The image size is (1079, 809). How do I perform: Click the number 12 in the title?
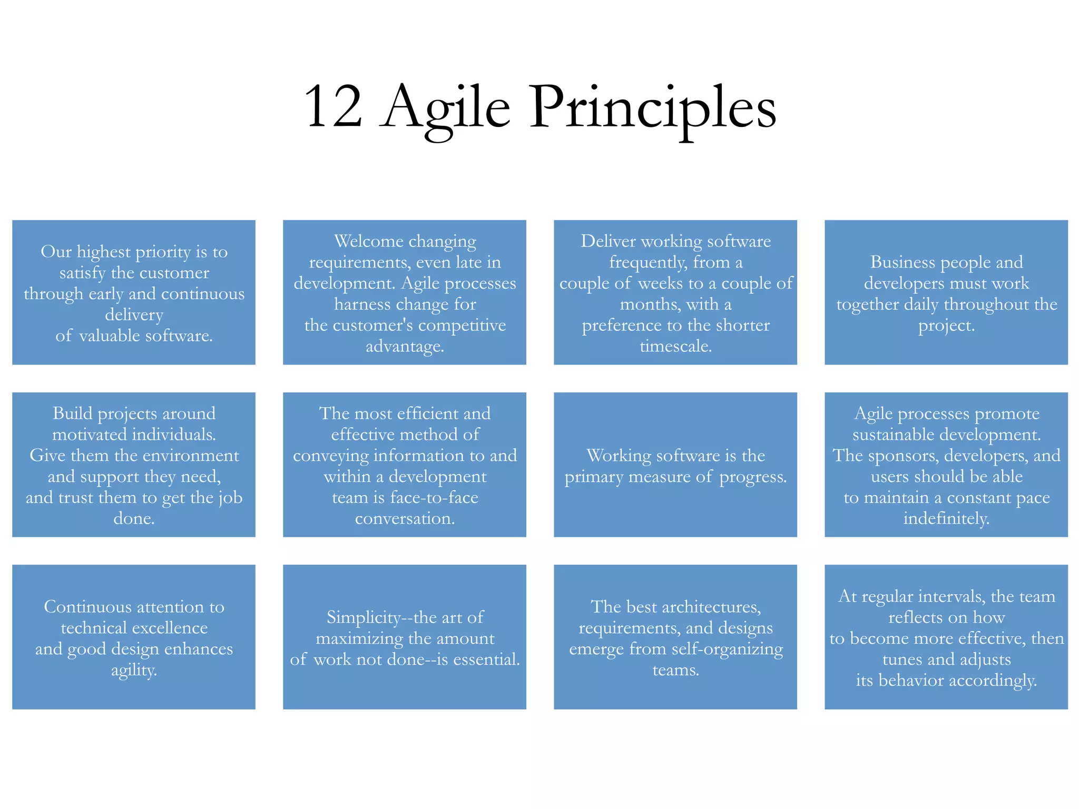(x=333, y=107)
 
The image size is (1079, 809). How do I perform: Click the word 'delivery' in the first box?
(x=134, y=315)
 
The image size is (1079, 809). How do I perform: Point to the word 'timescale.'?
(x=675, y=346)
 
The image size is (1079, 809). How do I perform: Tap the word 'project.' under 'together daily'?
(x=946, y=325)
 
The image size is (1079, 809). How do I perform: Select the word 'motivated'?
(x=90, y=435)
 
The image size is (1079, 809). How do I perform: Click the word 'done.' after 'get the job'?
(x=134, y=519)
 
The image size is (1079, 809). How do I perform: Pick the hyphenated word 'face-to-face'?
(x=434, y=498)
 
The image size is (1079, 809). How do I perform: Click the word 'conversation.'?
(x=405, y=519)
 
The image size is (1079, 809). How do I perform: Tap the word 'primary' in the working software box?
(x=593, y=477)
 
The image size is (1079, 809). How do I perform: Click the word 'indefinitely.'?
(x=946, y=519)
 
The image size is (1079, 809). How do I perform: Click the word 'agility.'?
(x=134, y=670)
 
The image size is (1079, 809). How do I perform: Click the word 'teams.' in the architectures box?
(x=675, y=670)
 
